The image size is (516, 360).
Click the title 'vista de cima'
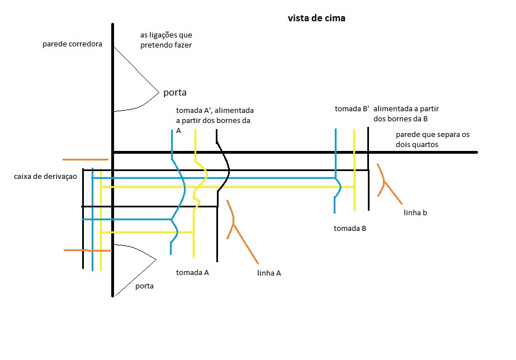click(x=316, y=18)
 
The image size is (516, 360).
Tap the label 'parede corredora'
click(x=72, y=44)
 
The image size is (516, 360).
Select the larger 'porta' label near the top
click(x=174, y=92)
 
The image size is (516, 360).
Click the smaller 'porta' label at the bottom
click(x=144, y=286)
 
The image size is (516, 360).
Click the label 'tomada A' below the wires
click(x=192, y=273)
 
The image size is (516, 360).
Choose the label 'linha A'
click(x=269, y=273)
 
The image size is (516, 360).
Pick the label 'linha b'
click(x=415, y=213)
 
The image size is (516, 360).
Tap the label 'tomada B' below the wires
click(x=350, y=228)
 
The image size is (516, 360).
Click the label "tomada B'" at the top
click(x=352, y=108)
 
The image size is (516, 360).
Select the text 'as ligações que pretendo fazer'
click(x=166, y=40)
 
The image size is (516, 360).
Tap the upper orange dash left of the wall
click(x=85, y=159)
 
